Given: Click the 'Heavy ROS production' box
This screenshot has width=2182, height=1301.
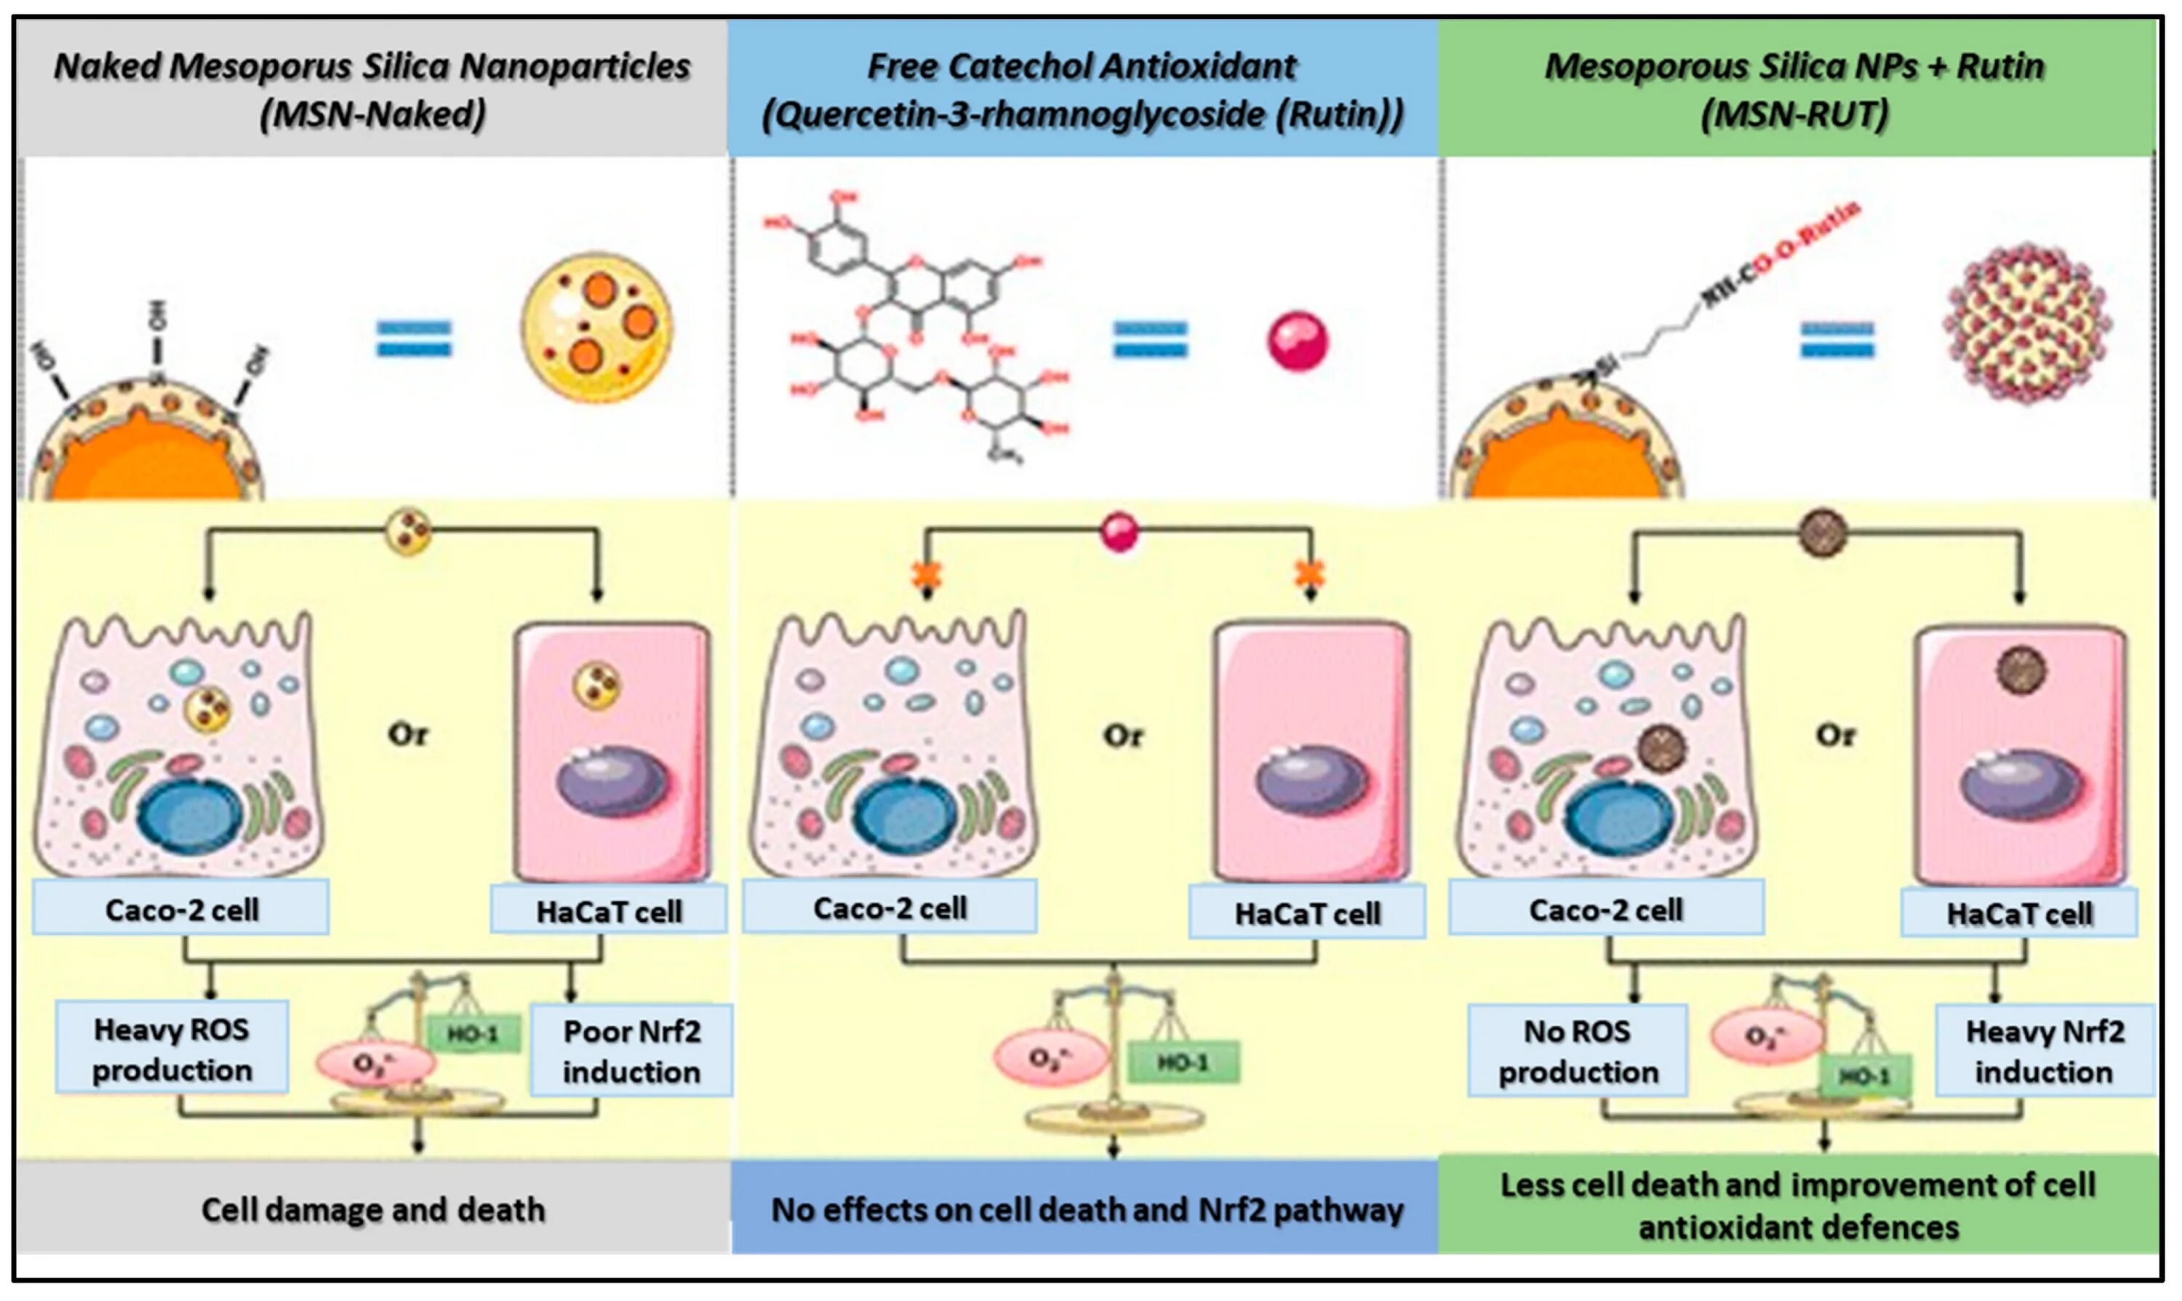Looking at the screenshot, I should pyautogui.click(x=172, y=1049).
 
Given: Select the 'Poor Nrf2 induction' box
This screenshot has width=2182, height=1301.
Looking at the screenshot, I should pyautogui.click(x=631, y=1051).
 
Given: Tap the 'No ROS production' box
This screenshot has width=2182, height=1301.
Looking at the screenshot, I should pyautogui.click(x=1577, y=1051).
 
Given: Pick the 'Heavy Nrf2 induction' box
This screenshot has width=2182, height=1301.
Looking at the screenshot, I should pyautogui.click(x=2045, y=1051).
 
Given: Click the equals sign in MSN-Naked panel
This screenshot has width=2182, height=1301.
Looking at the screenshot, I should pyautogui.click(x=414, y=340).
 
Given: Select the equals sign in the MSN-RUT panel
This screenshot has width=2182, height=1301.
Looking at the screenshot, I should pyautogui.click(x=1837, y=340).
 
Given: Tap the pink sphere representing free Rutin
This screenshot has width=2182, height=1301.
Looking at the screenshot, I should pyautogui.click(x=1298, y=341).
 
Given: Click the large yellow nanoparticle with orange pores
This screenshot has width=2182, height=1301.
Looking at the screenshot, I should pyautogui.click(x=597, y=328).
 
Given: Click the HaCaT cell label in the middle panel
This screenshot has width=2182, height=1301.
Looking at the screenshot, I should pyautogui.click(x=1307, y=914).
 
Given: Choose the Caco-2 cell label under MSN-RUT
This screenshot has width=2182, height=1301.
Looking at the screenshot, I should pyautogui.click(x=1606, y=910).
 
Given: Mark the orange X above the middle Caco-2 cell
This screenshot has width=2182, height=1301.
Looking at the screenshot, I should pyautogui.click(x=927, y=575).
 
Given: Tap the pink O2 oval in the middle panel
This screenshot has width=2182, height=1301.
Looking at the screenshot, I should pyautogui.click(x=1049, y=1058).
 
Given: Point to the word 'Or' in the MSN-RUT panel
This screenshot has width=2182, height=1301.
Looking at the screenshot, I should pyautogui.click(x=1836, y=734).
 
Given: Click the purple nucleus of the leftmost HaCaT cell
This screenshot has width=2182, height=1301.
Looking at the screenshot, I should pyautogui.click(x=613, y=780).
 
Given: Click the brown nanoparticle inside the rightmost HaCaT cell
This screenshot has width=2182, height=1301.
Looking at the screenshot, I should pyautogui.click(x=2021, y=670).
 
